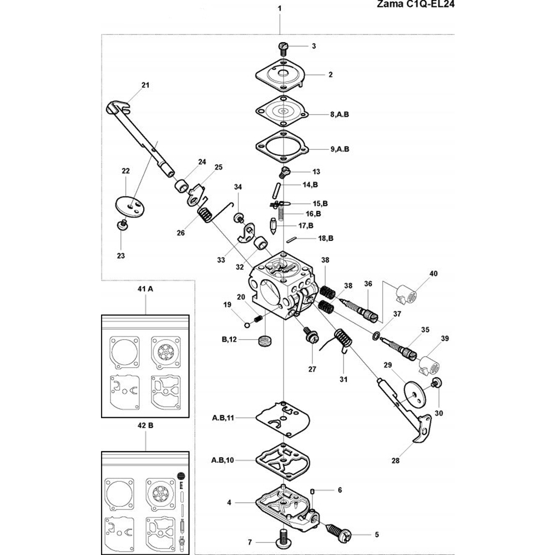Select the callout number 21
[145, 85]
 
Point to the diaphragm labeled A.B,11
[282, 417]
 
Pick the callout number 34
[238, 187]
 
